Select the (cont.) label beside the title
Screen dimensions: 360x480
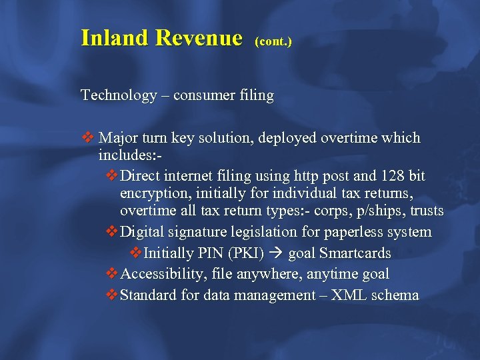(273, 41)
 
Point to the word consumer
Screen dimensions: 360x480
(202, 95)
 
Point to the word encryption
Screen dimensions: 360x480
(151, 193)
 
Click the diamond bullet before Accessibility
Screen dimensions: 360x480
(112, 274)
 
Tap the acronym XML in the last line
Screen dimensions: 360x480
(355, 295)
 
